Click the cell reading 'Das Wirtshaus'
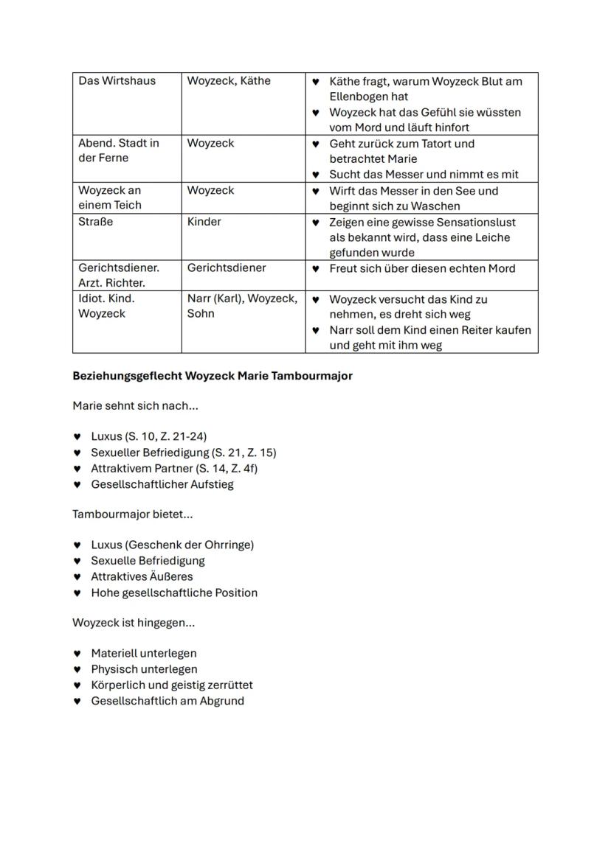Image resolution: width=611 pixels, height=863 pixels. pyautogui.click(x=117, y=81)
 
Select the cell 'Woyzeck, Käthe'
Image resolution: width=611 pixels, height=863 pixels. pyautogui.click(x=229, y=81)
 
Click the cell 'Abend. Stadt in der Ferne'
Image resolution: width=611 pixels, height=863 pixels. pyautogui.click(x=119, y=150)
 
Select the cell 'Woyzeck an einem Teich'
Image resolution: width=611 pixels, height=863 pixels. pyautogui.click(x=110, y=198)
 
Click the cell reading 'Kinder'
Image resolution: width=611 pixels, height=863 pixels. pyautogui.click(x=204, y=222)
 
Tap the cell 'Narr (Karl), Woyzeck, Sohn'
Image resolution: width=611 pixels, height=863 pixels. pyautogui.click(x=242, y=306)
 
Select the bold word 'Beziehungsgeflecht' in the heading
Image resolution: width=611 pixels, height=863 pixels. pyautogui.click(x=127, y=376)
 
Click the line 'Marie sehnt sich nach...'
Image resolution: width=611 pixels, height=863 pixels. pyautogui.click(x=135, y=406)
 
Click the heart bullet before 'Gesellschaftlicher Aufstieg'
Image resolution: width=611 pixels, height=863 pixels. pyautogui.click(x=77, y=485)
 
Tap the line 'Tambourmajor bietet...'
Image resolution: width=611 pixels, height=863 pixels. pyautogui.click(x=133, y=514)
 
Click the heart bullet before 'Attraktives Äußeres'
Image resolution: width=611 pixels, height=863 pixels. pyautogui.click(x=77, y=577)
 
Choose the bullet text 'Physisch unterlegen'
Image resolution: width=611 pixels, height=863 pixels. pyautogui.click(x=144, y=669)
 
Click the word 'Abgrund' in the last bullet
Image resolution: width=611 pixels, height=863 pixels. pyautogui.click(x=221, y=701)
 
